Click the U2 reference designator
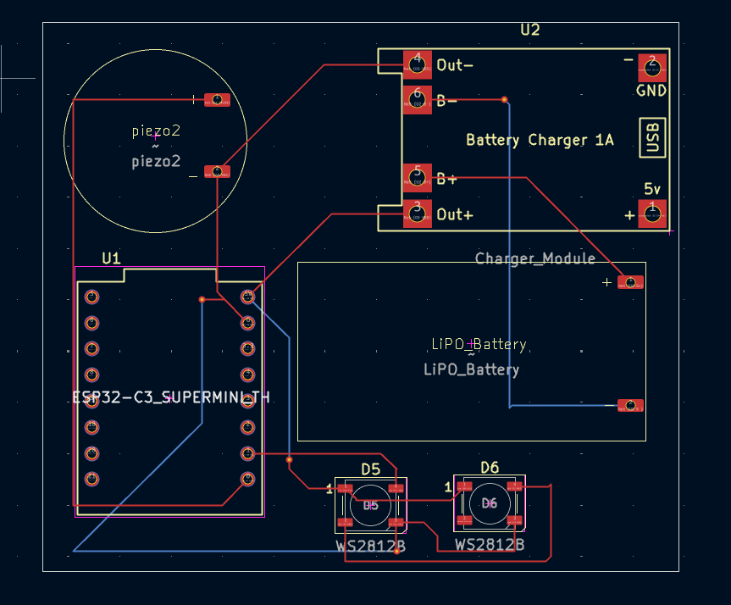529,30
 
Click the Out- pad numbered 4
416,64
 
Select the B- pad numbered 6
416,100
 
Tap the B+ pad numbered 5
416,178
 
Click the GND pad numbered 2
651,66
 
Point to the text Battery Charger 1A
540,140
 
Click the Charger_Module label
534,258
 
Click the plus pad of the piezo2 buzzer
217,100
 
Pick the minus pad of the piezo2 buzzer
217,172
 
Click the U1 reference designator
111,257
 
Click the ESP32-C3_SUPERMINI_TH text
170,397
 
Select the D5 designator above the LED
371,469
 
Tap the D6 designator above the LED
490,467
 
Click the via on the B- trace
505,100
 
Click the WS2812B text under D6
489,544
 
